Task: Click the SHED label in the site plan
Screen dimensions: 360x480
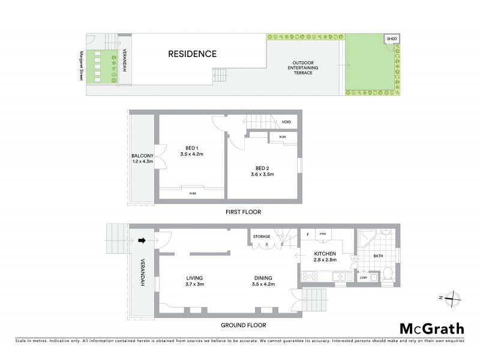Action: pyautogui.click(x=391, y=39)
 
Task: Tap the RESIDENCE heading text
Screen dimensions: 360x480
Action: pyautogui.click(x=192, y=54)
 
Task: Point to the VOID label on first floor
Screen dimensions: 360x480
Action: pyautogui.click(x=286, y=122)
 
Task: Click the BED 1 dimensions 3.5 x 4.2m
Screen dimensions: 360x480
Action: pyautogui.click(x=193, y=154)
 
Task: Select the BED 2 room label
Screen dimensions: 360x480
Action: pyautogui.click(x=262, y=168)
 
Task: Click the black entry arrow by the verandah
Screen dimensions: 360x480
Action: pyautogui.click(x=142, y=241)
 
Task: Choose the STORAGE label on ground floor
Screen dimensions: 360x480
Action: pyautogui.click(x=262, y=236)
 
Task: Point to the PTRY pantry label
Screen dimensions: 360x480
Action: pyautogui.click(x=322, y=234)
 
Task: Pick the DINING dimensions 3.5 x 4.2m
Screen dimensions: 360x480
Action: pyautogui.click(x=263, y=284)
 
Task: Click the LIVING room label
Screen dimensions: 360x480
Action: pyautogui.click(x=194, y=278)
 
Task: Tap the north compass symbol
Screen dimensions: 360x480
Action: pyautogui.click(x=454, y=298)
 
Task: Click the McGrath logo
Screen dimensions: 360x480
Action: pyautogui.click(x=431, y=328)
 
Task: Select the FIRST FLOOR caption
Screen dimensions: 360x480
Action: pyautogui.click(x=244, y=212)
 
